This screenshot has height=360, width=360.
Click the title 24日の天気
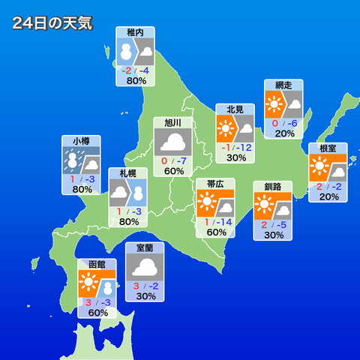(x=52, y=23)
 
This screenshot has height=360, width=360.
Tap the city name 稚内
(x=136, y=33)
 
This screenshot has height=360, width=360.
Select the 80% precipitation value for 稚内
(x=136, y=80)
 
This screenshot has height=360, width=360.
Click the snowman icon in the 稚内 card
(x=125, y=52)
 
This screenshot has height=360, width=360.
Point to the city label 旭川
(x=173, y=122)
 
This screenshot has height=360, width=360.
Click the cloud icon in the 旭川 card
(x=173, y=142)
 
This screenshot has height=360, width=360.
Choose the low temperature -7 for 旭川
(x=181, y=160)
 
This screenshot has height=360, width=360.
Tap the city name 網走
(x=283, y=85)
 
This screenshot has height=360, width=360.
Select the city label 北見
(x=235, y=109)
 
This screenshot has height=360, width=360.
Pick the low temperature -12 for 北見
(x=243, y=147)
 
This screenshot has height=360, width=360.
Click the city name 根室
(x=328, y=148)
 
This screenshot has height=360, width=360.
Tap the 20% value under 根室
(x=328, y=196)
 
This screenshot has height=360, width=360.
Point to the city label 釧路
(x=272, y=186)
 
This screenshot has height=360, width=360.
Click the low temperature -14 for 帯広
(x=222, y=221)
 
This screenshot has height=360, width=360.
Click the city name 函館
(x=97, y=265)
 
